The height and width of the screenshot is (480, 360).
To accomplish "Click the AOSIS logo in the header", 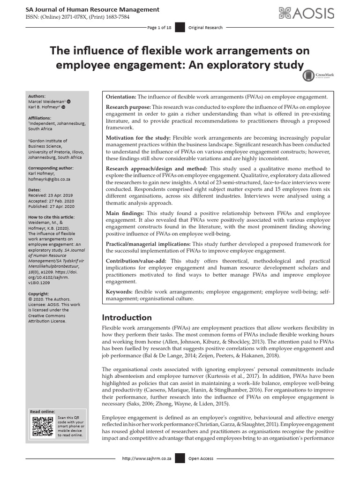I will [307, 14].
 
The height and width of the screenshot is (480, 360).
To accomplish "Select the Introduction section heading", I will [127, 317].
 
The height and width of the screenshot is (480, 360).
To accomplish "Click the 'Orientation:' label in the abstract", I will [121, 97].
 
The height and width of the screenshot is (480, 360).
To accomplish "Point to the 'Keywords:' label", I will [120, 292].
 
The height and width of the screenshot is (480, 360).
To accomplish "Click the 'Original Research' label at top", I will [205, 28].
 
